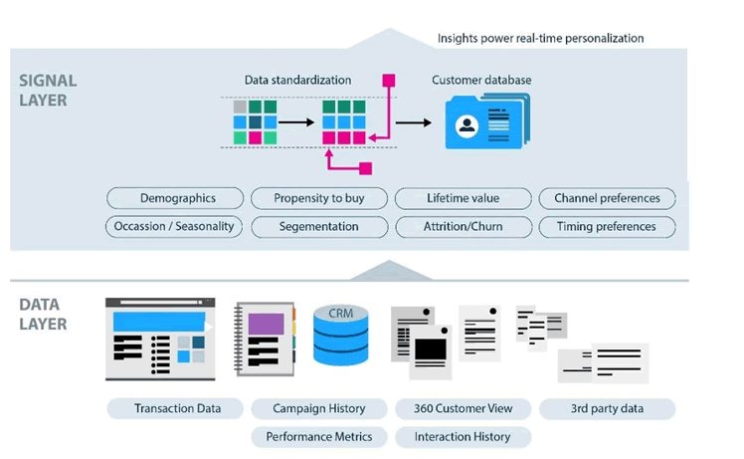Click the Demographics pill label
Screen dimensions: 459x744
click(x=177, y=198)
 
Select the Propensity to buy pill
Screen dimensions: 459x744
click(x=319, y=198)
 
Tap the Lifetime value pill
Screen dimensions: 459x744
click(x=463, y=198)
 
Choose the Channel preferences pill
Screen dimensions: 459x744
click(x=607, y=198)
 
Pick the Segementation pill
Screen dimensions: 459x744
click(x=319, y=226)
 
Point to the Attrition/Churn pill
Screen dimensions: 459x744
click(x=463, y=226)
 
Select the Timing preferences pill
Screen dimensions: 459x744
click(x=607, y=226)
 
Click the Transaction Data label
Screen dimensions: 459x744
click(x=175, y=408)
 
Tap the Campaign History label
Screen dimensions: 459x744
click(x=319, y=408)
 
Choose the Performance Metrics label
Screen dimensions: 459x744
click(x=319, y=436)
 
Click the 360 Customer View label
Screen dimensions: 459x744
click(x=463, y=408)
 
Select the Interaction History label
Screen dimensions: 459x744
click(x=463, y=436)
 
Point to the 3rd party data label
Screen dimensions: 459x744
click(x=607, y=408)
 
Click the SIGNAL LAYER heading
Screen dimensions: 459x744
click(x=48, y=90)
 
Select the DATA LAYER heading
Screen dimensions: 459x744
click(x=42, y=315)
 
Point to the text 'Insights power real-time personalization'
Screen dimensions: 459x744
click(x=541, y=38)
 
